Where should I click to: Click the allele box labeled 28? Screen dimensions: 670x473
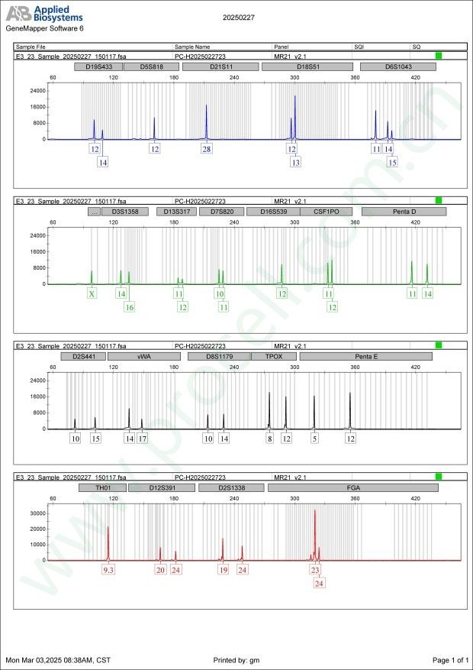pyautogui.click(x=207, y=149)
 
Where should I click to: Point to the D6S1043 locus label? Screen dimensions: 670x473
pyautogui.click(x=397, y=66)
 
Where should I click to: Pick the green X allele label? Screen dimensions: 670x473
pyautogui.click(x=92, y=293)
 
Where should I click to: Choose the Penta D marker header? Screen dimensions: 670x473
pyautogui.click(x=404, y=211)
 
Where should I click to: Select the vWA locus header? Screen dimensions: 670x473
pyautogui.click(x=143, y=356)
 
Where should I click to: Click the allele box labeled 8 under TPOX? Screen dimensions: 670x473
pyautogui.click(x=269, y=439)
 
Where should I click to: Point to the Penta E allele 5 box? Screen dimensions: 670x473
pyautogui.click(x=314, y=439)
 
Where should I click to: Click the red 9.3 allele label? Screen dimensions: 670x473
pyautogui.click(x=108, y=570)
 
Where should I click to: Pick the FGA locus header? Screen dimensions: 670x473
pyautogui.click(x=352, y=487)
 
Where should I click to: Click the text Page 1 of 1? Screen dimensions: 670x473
pyautogui.click(x=449, y=659)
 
